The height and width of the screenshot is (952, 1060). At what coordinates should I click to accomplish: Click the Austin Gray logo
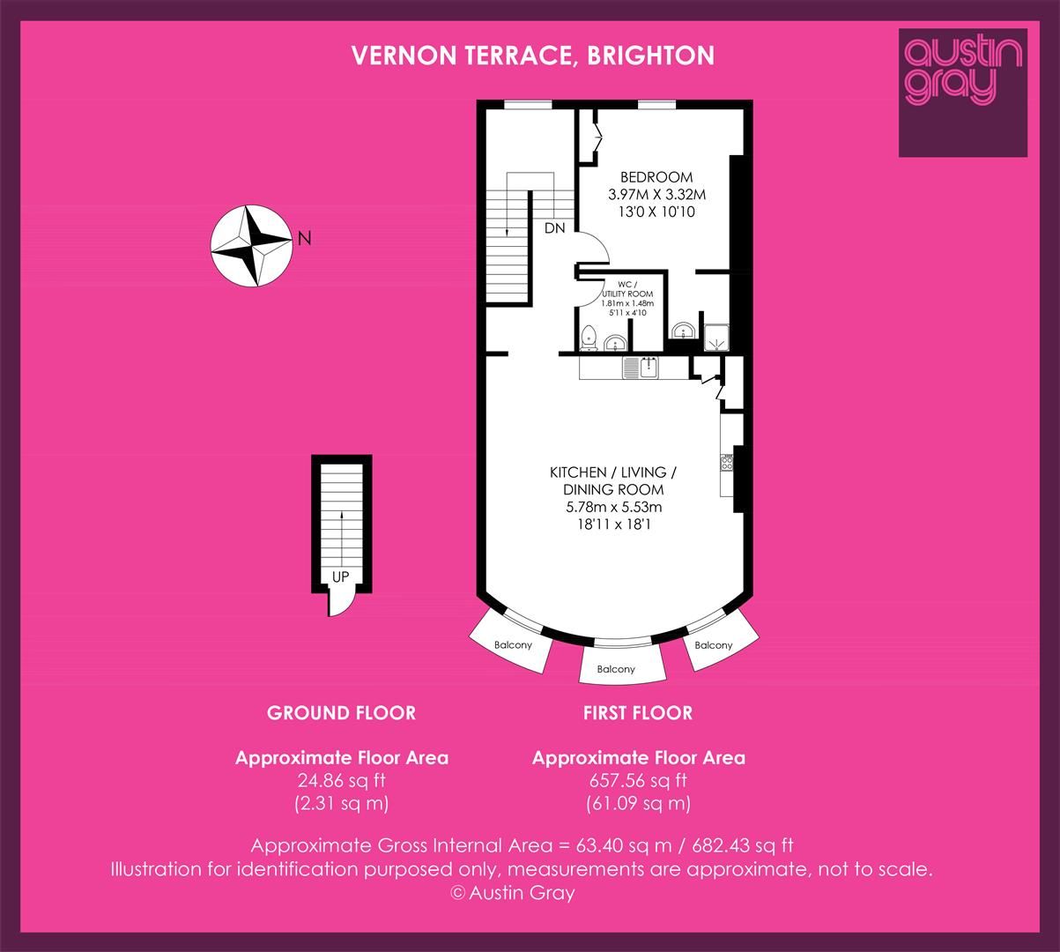pyautogui.click(x=963, y=93)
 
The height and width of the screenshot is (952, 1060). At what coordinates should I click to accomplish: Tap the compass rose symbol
pyautogui.click(x=251, y=245)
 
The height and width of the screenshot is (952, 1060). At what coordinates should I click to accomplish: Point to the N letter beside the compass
pyautogui.click(x=305, y=238)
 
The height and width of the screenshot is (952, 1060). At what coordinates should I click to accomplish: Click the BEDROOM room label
pyautogui.click(x=656, y=177)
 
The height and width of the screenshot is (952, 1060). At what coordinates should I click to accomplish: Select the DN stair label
pyautogui.click(x=555, y=227)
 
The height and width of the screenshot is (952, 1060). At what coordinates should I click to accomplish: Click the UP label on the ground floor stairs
pyautogui.click(x=341, y=576)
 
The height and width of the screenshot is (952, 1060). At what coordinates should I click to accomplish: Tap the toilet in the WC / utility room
pyautogui.click(x=589, y=338)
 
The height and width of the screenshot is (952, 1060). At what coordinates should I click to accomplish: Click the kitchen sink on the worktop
pyautogui.click(x=641, y=368)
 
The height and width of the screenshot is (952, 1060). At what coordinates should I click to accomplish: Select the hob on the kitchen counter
pyautogui.click(x=727, y=463)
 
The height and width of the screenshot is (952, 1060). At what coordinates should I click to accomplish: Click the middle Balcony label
pyautogui.click(x=616, y=669)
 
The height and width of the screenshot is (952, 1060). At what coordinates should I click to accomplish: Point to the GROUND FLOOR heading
pyautogui.click(x=341, y=713)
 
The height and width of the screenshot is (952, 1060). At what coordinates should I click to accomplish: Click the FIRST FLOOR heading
pyautogui.click(x=638, y=713)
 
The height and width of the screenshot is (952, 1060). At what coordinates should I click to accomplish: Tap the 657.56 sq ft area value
pyautogui.click(x=638, y=780)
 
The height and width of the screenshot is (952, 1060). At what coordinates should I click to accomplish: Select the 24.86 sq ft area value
pyautogui.click(x=341, y=780)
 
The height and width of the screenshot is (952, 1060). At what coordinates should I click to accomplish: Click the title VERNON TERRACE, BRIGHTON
pyautogui.click(x=532, y=56)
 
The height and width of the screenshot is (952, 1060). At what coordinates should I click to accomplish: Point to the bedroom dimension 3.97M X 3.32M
pyautogui.click(x=656, y=195)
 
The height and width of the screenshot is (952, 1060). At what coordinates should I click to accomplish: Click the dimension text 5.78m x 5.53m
pyautogui.click(x=614, y=507)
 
